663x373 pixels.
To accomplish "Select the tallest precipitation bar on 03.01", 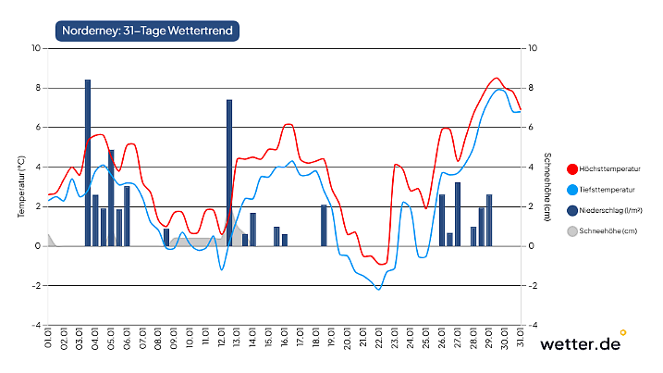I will (88, 162).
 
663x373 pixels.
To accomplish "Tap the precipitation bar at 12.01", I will (229, 172).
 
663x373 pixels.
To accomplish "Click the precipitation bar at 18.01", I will (324, 225).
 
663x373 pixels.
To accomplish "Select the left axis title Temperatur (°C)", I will (21, 187).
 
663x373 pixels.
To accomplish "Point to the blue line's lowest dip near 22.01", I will (378, 290).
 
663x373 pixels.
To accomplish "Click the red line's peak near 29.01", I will (497, 78).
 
